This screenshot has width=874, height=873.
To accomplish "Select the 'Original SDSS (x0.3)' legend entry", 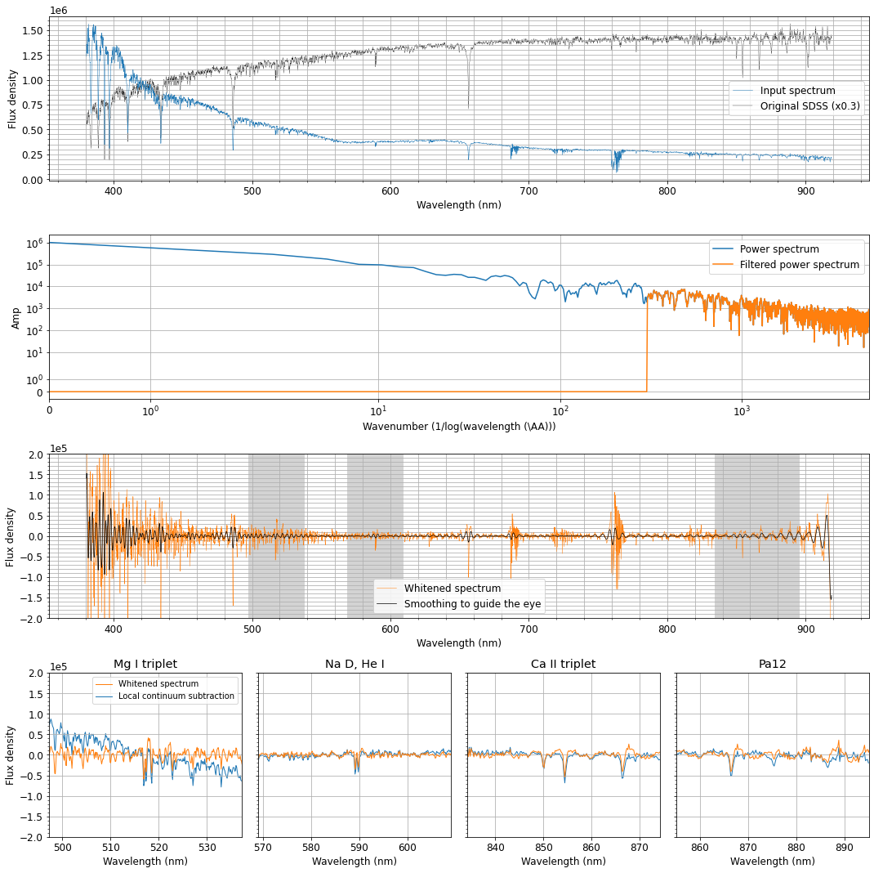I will pos(809,105).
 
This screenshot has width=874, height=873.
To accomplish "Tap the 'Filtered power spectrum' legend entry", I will pos(799,265).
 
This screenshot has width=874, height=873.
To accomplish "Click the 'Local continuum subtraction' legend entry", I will pos(176,696).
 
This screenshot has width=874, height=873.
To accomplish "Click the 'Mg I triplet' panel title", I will pos(145,664).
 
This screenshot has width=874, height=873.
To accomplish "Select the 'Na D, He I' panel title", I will pos(355,664).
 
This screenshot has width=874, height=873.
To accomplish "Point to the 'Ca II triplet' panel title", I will pos(564,664).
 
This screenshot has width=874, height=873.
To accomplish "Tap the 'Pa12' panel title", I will pos(772,664).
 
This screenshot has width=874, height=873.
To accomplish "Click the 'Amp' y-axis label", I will pos(16,318).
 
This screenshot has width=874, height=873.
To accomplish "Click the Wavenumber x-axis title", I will pos(459,426).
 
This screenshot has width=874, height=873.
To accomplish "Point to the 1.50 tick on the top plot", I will pos(33,30).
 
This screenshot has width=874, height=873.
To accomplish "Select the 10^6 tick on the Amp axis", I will pos(33,243).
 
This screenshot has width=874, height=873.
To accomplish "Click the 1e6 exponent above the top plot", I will pos(58,10).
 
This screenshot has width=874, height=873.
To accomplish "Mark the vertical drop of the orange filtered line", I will pos(647,343).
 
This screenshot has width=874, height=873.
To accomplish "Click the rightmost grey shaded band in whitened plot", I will pos(756,535).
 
